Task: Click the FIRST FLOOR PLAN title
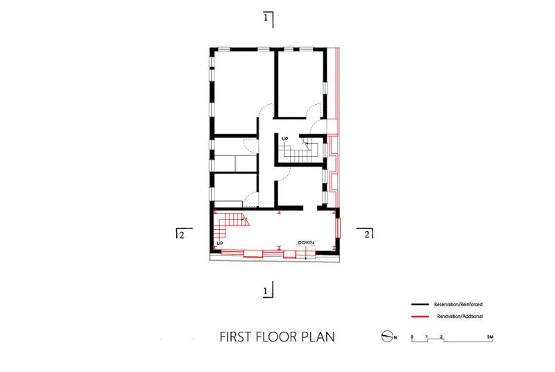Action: (277, 337)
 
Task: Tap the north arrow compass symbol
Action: (387, 336)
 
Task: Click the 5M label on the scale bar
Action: (490, 337)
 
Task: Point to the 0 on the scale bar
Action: (411, 337)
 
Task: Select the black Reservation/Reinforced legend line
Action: (420, 305)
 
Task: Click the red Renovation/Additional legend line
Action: (420, 316)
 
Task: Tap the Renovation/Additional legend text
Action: (460, 316)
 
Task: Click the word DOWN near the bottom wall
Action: (306, 243)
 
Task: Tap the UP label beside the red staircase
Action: (220, 244)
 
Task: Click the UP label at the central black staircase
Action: (285, 139)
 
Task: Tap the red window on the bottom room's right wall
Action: (338, 228)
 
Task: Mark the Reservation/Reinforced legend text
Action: (459, 305)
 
